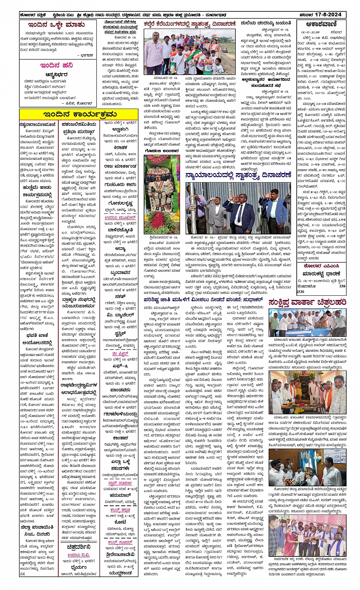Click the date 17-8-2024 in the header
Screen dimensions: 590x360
(x=331, y=15)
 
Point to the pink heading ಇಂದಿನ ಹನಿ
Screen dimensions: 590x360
(x=57, y=65)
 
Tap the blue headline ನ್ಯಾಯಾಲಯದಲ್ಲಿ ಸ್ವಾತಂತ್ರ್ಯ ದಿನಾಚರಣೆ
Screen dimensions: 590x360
(x=238, y=175)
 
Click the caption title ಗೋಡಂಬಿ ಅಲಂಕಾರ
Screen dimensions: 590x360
(x=162, y=151)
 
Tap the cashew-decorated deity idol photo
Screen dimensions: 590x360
(x=162, y=194)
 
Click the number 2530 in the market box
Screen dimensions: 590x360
(x=300, y=292)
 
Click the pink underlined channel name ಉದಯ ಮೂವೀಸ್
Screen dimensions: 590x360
(x=121, y=217)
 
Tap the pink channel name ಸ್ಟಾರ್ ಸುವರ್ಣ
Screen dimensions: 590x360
(x=120, y=482)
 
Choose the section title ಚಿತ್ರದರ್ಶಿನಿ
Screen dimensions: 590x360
(x=78, y=547)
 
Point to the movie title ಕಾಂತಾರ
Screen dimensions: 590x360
(x=120, y=438)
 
